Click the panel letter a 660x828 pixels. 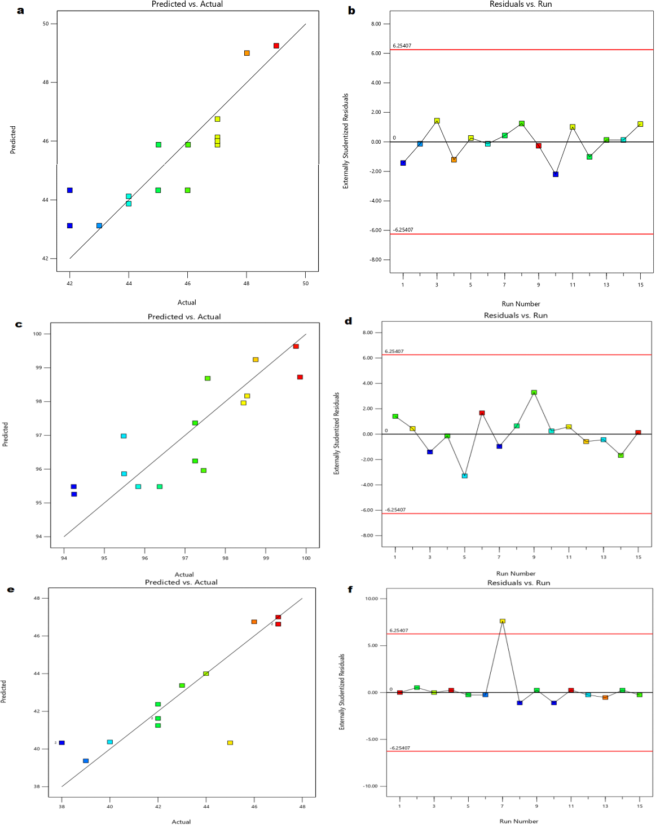(21, 10)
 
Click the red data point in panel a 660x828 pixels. (276, 46)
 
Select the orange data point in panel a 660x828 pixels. (247, 53)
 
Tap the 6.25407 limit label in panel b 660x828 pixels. (402, 46)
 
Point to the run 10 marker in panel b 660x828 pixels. (556, 174)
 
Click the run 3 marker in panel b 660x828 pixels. (437, 121)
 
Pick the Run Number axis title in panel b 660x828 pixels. (521, 304)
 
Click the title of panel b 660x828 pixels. (521, 5)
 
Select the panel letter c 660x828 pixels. (19, 324)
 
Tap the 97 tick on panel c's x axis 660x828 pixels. (185, 558)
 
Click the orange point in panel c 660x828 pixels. (256, 360)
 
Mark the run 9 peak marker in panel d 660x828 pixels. (534, 392)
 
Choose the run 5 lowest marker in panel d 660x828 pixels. (465, 476)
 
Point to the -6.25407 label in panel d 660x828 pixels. (395, 510)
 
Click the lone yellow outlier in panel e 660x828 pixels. (230, 743)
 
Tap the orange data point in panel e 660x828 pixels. (254, 622)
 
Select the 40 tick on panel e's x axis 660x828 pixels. (110, 807)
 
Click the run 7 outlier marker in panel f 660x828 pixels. (503, 621)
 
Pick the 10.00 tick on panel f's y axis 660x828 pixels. (371, 599)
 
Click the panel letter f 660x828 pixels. (350, 590)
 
